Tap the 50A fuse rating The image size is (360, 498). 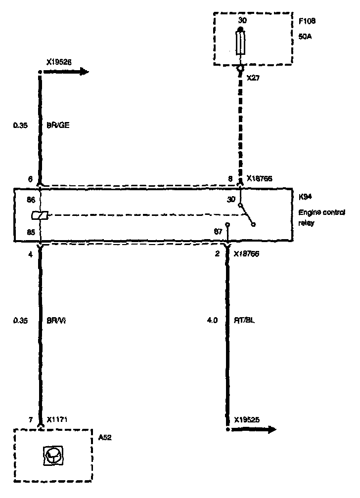coord(305,36)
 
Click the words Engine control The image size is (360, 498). coord(322,212)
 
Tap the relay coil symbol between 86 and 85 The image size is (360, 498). coord(39,215)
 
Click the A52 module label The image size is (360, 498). coord(105,437)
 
